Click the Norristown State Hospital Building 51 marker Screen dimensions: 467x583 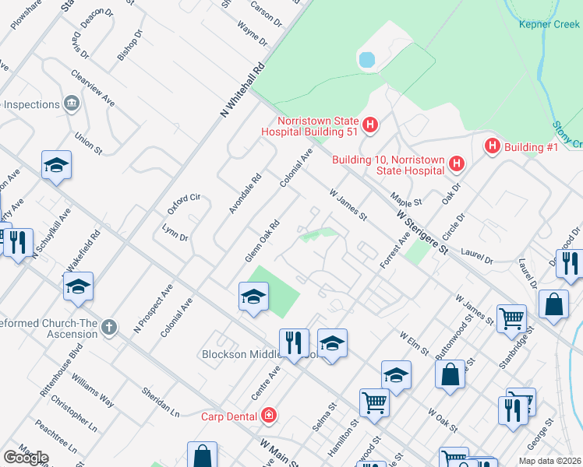pyautogui.click(x=370, y=124)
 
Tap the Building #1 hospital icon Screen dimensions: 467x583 pyautogui.click(x=492, y=146)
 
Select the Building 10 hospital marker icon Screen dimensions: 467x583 pyautogui.click(x=457, y=164)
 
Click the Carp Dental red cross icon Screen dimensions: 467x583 pyautogui.click(x=269, y=416)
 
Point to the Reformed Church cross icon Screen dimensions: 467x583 pyautogui.click(x=108, y=328)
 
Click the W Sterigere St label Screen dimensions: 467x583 pyautogui.click(x=423, y=231)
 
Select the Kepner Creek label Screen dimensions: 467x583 pyautogui.click(x=549, y=23)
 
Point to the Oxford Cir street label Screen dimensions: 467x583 pyautogui.click(x=184, y=205)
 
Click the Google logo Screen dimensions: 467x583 pyautogui.click(x=26, y=458)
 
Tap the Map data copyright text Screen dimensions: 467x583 pyautogui.click(x=549, y=461)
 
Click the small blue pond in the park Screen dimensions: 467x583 pyautogui.click(x=366, y=59)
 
